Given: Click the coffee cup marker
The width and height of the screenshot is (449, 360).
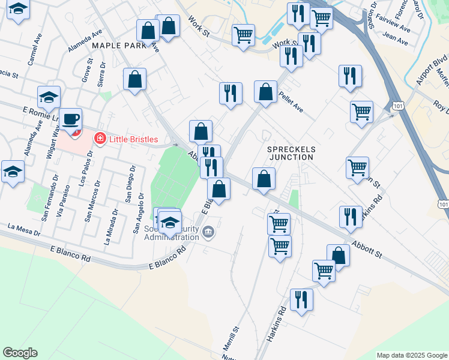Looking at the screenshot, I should (x=71, y=119).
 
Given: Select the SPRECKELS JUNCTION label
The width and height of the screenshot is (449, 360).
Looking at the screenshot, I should (x=291, y=152).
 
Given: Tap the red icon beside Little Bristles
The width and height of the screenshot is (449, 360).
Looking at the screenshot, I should (x=100, y=139).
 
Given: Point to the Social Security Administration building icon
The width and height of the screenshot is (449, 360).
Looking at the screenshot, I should (x=208, y=232).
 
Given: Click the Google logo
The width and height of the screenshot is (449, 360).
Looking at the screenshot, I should (x=21, y=353).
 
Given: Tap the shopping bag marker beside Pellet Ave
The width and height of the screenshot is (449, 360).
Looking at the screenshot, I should (x=265, y=92).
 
